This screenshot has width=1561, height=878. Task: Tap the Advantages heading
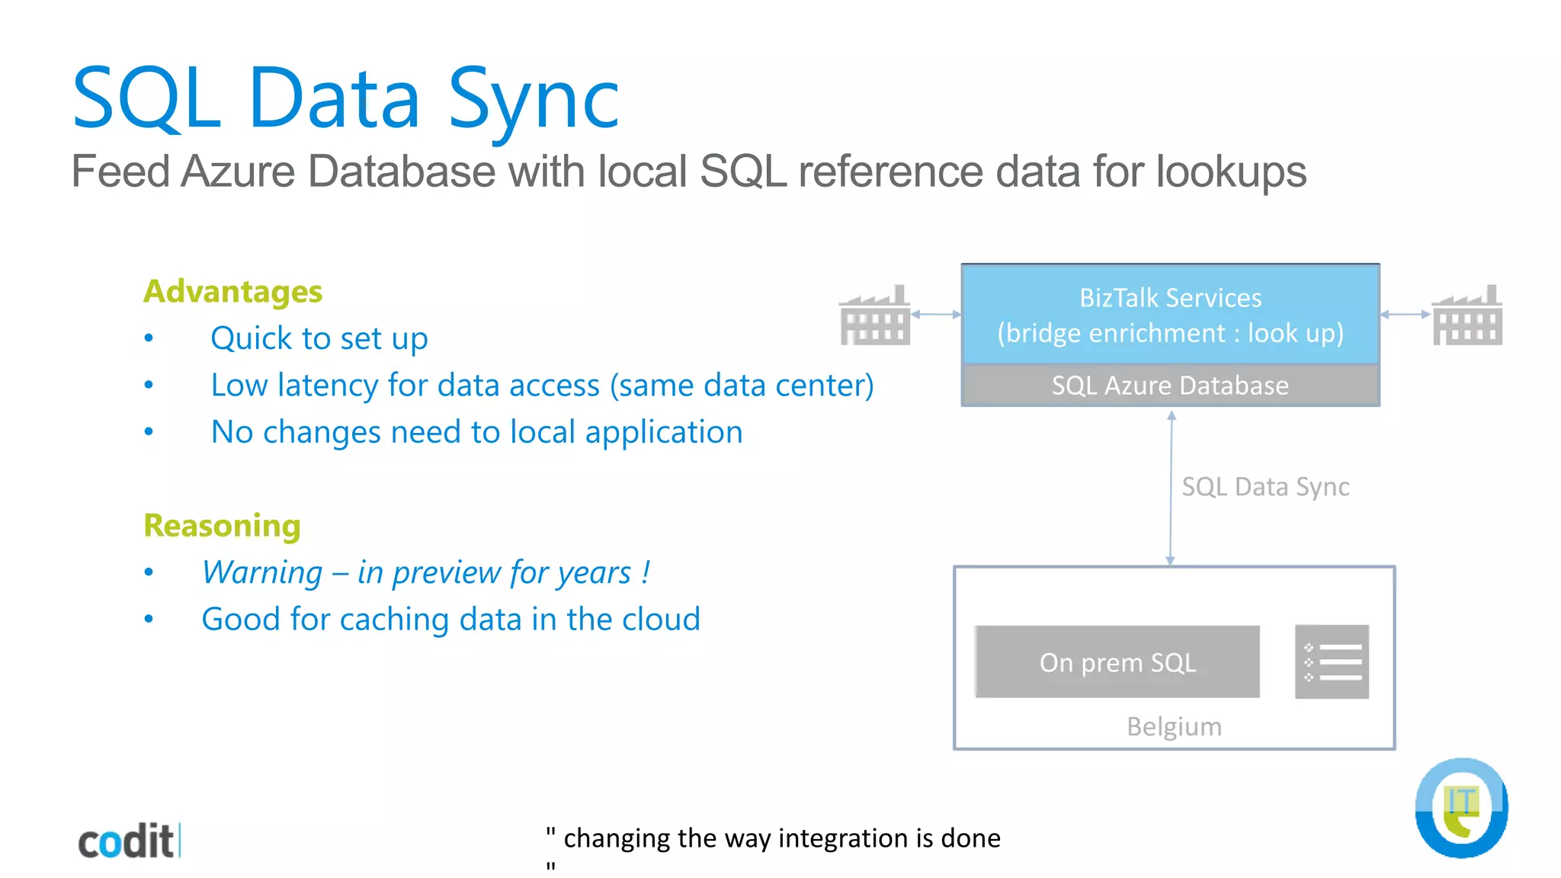pyautogui.click(x=232, y=292)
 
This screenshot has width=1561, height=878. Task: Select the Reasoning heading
pyautogui.click(x=222, y=526)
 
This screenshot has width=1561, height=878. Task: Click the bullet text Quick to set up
pyautogui.click(x=319, y=338)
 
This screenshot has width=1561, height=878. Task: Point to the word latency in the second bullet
pyautogui.click(x=327, y=386)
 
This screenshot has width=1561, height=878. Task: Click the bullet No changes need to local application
pyautogui.click(x=476, y=432)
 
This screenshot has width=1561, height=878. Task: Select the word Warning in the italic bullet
pyautogui.click(x=262, y=572)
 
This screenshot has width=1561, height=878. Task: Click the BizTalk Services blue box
pyautogui.click(x=1170, y=315)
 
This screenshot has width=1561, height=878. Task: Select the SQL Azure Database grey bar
pyautogui.click(x=1170, y=386)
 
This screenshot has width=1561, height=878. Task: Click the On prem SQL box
pyautogui.click(x=1117, y=662)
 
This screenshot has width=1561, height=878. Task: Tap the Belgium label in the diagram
pyautogui.click(x=1174, y=726)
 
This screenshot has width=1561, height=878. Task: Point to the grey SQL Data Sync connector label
pyautogui.click(x=1265, y=486)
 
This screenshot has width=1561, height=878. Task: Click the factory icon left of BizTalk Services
pyautogui.click(x=874, y=316)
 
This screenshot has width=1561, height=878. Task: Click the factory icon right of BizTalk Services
pyautogui.click(x=1467, y=316)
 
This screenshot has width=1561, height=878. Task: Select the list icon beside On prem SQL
pyautogui.click(x=1332, y=662)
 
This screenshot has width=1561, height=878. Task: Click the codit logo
pyautogui.click(x=128, y=841)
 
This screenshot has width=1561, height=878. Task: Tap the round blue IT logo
pyautogui.click(x=1461, y=808)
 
